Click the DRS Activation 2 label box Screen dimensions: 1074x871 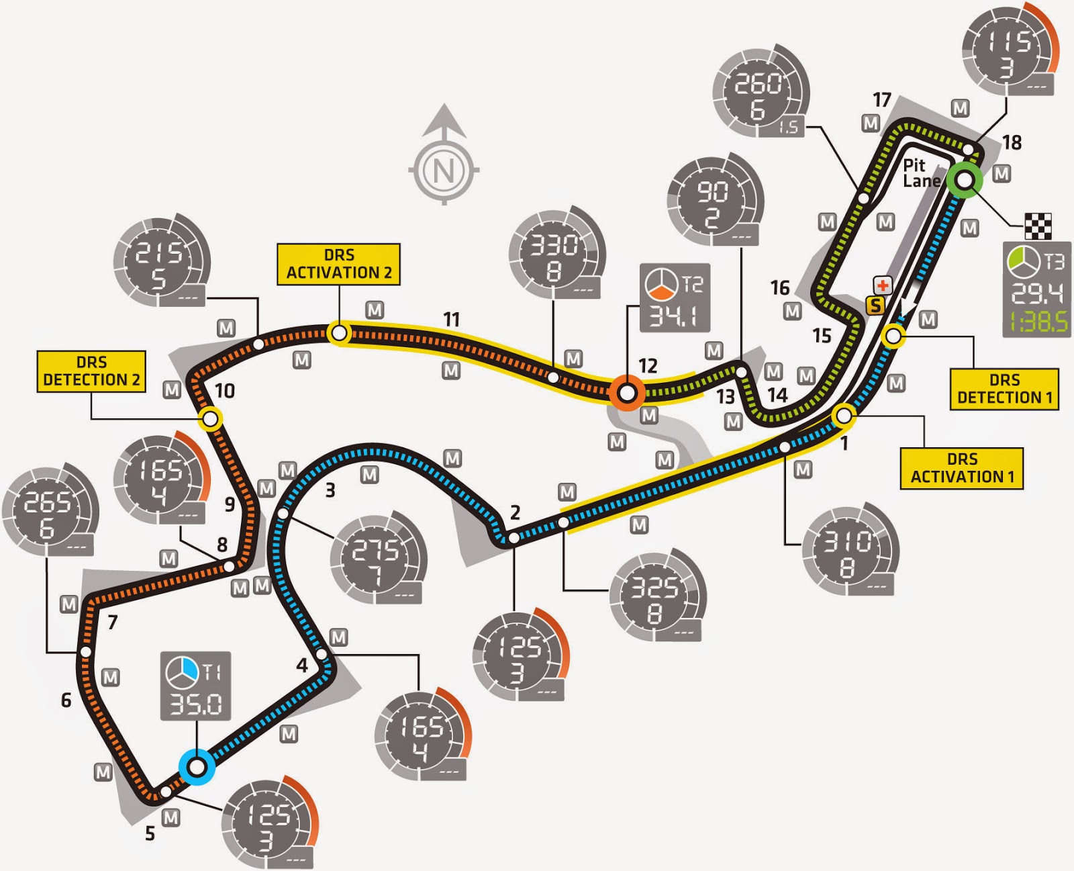click(338, 264)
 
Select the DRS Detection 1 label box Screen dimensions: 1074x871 click(1004, 389)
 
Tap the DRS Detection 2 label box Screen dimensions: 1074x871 click(91, 371)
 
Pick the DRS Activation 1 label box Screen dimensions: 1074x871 click(962, 468)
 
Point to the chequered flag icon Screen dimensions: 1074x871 click(1038, 226)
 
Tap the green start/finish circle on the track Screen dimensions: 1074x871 click(965, 180)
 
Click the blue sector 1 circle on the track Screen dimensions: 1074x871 click(197, 766)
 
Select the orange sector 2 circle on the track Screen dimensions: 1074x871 click(627, 392)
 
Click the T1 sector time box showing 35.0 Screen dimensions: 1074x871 click(195, 686)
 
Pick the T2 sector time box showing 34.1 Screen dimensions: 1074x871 click(675, 298)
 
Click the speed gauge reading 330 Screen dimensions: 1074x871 click(556, 254)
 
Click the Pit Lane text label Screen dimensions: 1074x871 click(921, 173)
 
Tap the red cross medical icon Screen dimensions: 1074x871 click(882, 285)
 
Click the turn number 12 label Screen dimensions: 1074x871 click(648, 365)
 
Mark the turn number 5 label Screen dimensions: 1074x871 click(150, 833)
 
